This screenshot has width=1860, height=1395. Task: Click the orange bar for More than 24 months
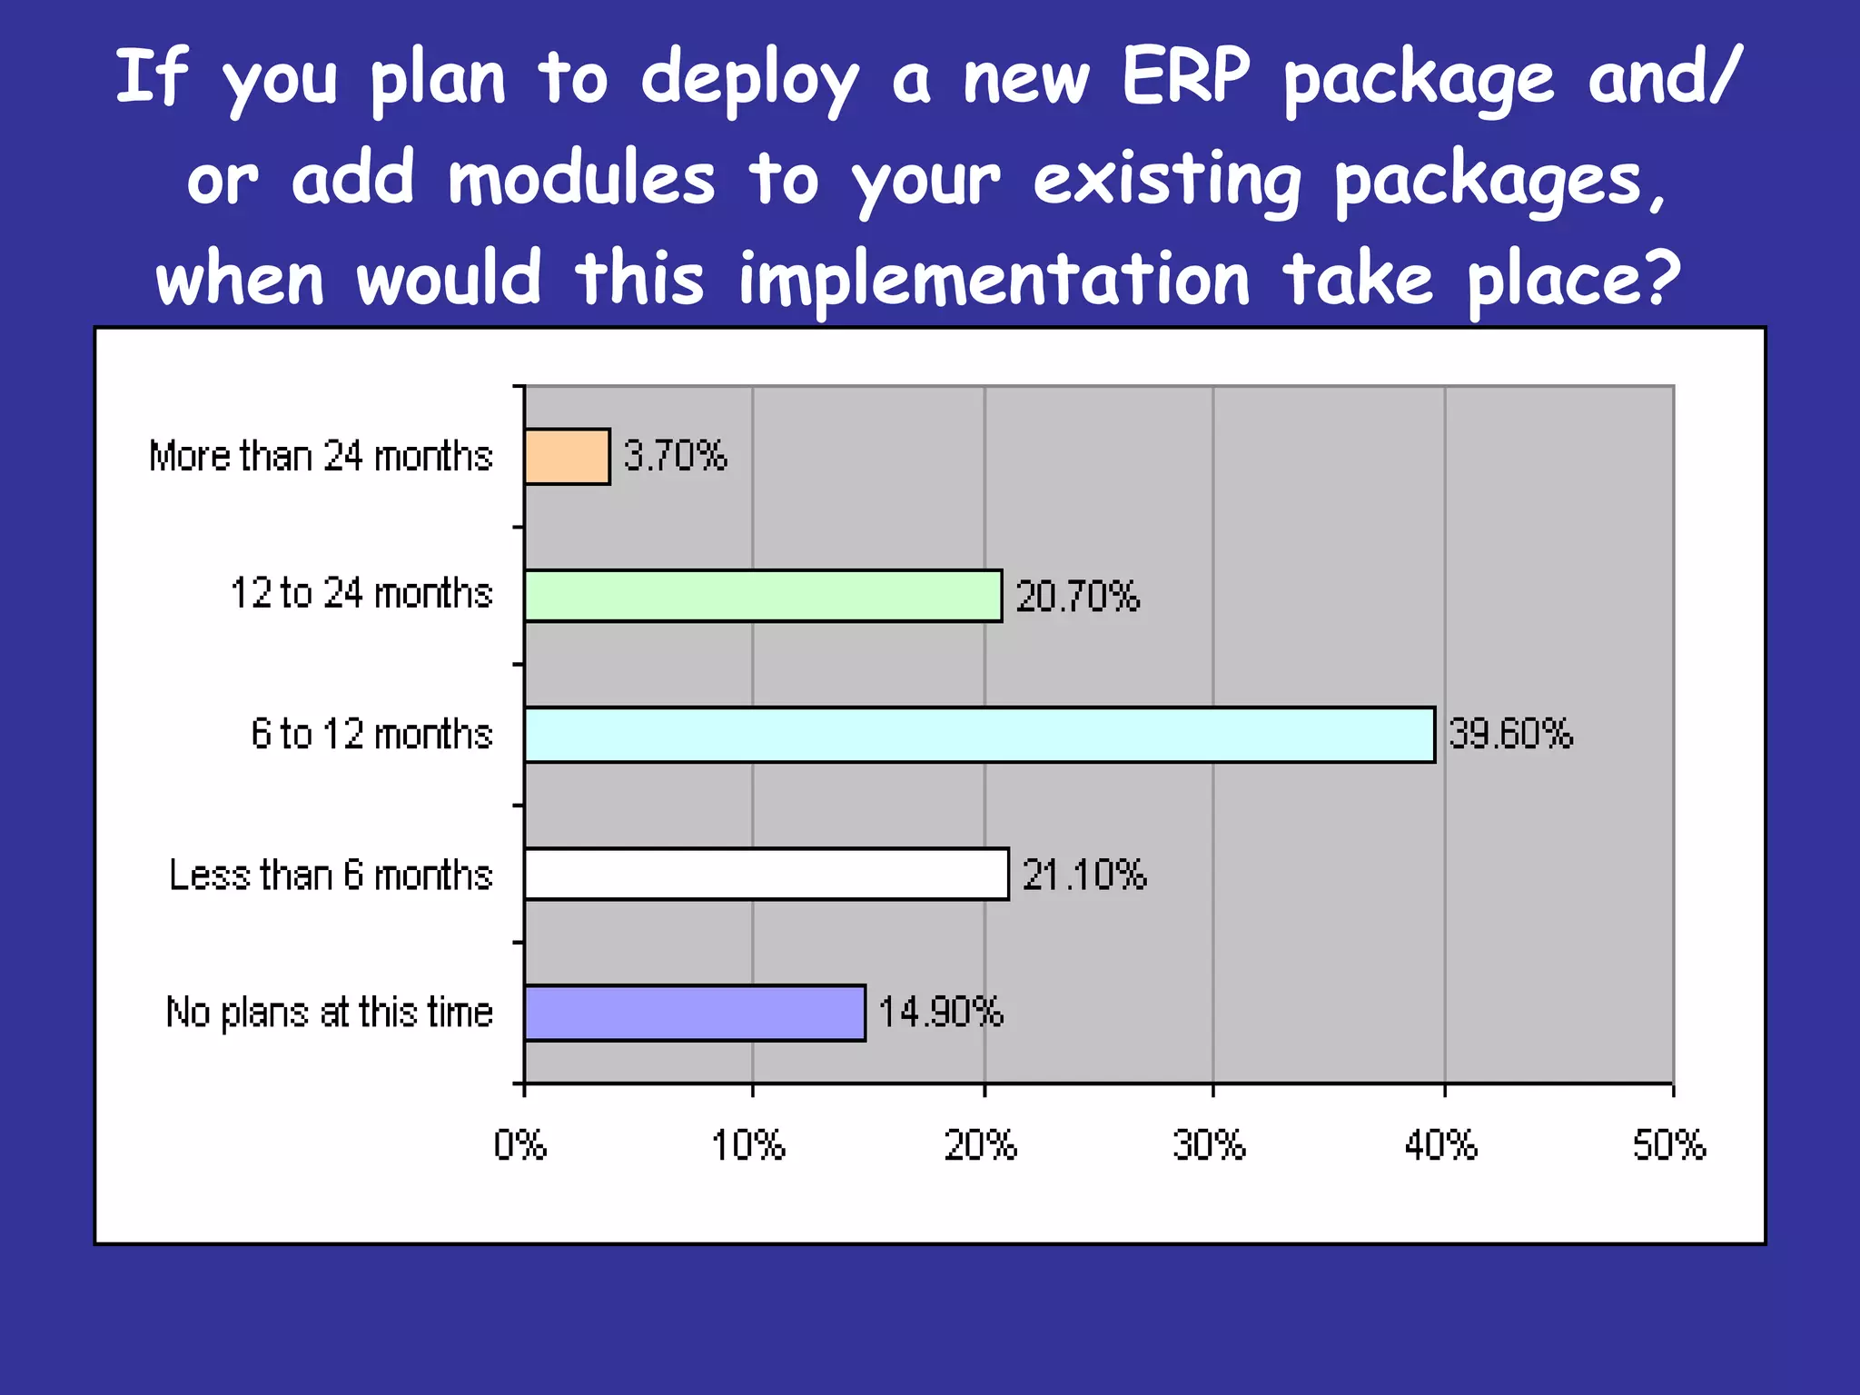tap(567, 457)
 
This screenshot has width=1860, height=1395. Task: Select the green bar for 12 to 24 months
tap(763, 596)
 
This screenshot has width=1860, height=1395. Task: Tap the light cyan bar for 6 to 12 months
tap(979, 735)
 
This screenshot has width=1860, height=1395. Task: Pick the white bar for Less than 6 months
tap(766, 874)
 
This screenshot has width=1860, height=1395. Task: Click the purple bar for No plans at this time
tap(694, 1013)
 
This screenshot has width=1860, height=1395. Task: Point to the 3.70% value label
tap(675, 455)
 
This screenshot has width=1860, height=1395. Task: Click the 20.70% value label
tap(1077, 597)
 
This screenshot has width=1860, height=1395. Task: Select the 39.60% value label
tap(1510, 734)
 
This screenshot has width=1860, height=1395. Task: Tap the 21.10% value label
tap(1084, 875)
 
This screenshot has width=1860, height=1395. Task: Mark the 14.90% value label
tap(941, 1012)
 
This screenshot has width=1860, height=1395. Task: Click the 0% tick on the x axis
tap(520, 1145)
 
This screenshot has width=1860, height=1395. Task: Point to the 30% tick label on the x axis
tap(1209, 1145)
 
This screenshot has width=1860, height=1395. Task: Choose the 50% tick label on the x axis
tap(1669, 1145)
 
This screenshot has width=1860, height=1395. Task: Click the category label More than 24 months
tap(321, 456)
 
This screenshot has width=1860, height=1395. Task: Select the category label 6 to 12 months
tap(371, 734)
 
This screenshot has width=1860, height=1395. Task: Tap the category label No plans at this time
tap(329, 1012)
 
